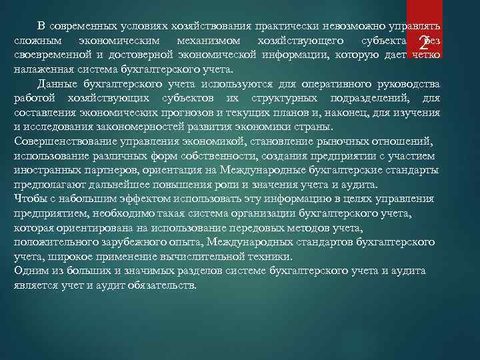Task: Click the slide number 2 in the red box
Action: coord(424,44)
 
